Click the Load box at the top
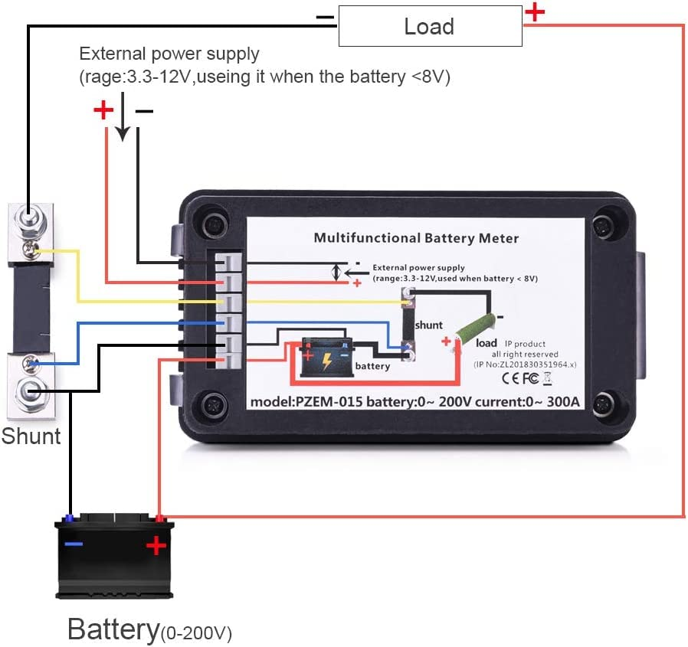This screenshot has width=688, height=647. click(429, 28)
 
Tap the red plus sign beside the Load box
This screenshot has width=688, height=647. click(534, 12)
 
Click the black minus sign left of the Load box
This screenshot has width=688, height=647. click(325, 16)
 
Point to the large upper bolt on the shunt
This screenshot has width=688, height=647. click(28, 222)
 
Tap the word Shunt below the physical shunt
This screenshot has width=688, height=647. click(31, 436)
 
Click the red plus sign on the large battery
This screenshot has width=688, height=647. click(156, 545)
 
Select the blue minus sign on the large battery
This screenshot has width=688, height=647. click(74, 544)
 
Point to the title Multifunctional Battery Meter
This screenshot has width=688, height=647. click(416, 238)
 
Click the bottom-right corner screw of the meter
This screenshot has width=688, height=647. click(605, 401)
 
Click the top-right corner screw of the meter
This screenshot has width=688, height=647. click(605, 227)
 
